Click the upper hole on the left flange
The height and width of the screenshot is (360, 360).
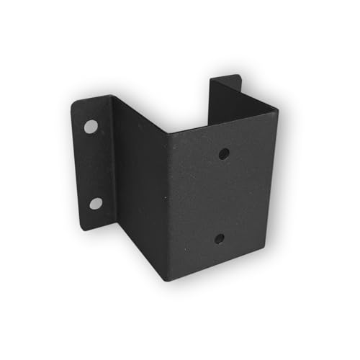point(91,127)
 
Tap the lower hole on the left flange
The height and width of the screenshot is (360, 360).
point(95,203)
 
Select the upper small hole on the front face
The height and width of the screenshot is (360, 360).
point(224,153)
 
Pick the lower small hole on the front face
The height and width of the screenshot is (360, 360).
point(219,238)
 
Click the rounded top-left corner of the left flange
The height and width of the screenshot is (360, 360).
point(76,104)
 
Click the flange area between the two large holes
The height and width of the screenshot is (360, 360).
point(94,166)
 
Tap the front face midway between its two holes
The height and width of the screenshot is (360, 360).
point(222,196)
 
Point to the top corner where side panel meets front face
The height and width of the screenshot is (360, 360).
point(167,132)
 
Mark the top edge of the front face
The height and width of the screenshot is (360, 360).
point(223,121)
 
